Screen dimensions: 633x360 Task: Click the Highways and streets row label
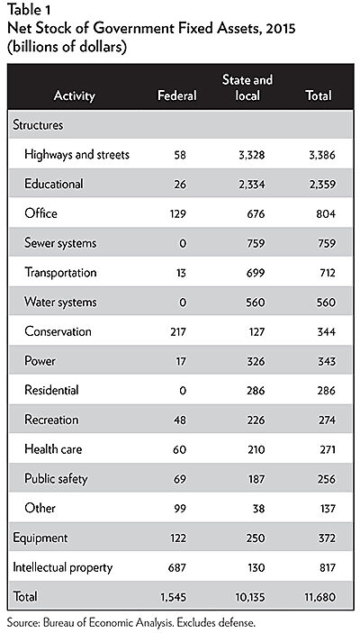[77, 155]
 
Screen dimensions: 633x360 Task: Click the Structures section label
[38, 125]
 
